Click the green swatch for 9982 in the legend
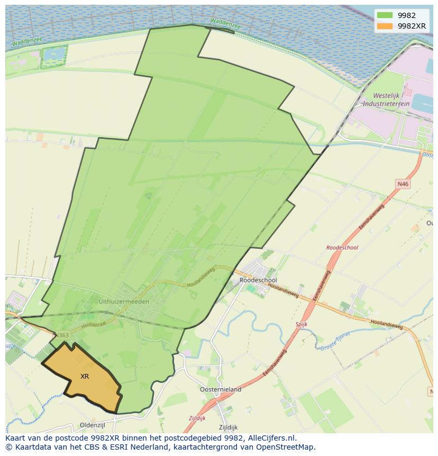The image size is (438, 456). pos(385,15)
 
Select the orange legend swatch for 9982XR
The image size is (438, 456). pos(385,26)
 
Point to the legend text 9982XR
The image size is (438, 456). pos(412,26)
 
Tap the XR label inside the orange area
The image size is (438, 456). pos(85,377)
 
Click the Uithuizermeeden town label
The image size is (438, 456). pos(124,301)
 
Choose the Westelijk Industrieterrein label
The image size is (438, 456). pos(391,100)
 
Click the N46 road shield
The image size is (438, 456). pos(403,184)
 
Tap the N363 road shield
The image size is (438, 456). pos(62,335)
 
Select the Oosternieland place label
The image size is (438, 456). pos(221,389)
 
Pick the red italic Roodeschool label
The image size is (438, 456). pos(342,247)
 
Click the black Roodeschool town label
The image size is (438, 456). pos(258,280)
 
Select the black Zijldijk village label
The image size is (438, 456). pos(228,427)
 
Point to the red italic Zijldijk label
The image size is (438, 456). pos(197,418)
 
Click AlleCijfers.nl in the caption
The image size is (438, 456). pos(272,438)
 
